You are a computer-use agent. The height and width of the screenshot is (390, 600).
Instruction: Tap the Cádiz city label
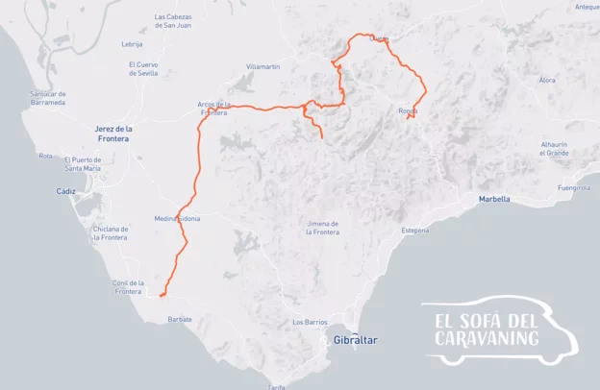(65, 191)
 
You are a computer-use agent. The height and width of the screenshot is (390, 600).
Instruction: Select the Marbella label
(493, 199)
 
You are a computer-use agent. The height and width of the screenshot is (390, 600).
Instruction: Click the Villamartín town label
(262, 66)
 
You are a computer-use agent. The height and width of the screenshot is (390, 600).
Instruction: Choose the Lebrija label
(133, 44)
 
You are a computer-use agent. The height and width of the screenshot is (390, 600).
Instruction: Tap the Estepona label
(415, 231)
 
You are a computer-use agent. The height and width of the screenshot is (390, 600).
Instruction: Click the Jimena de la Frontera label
(323, 228)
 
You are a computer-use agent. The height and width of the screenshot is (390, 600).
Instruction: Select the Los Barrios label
(311, 322)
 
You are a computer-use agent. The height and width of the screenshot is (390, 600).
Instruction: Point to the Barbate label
(180, 319)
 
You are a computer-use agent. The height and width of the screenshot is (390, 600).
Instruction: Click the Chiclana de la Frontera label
(112, 232)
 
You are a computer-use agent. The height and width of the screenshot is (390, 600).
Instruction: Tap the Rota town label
(45, 155)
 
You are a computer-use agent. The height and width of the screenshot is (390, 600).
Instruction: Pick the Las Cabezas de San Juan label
(178, 20)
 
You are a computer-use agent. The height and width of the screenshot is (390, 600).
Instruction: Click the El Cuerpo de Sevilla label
(142, 68)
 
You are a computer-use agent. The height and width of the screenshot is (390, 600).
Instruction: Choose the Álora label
(547, 80)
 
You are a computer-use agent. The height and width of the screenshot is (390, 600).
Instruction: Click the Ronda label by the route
(408, 110)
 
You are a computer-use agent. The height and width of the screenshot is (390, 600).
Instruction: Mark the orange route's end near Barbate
(161, 296)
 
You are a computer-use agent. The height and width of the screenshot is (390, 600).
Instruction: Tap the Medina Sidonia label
(177, 219)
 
